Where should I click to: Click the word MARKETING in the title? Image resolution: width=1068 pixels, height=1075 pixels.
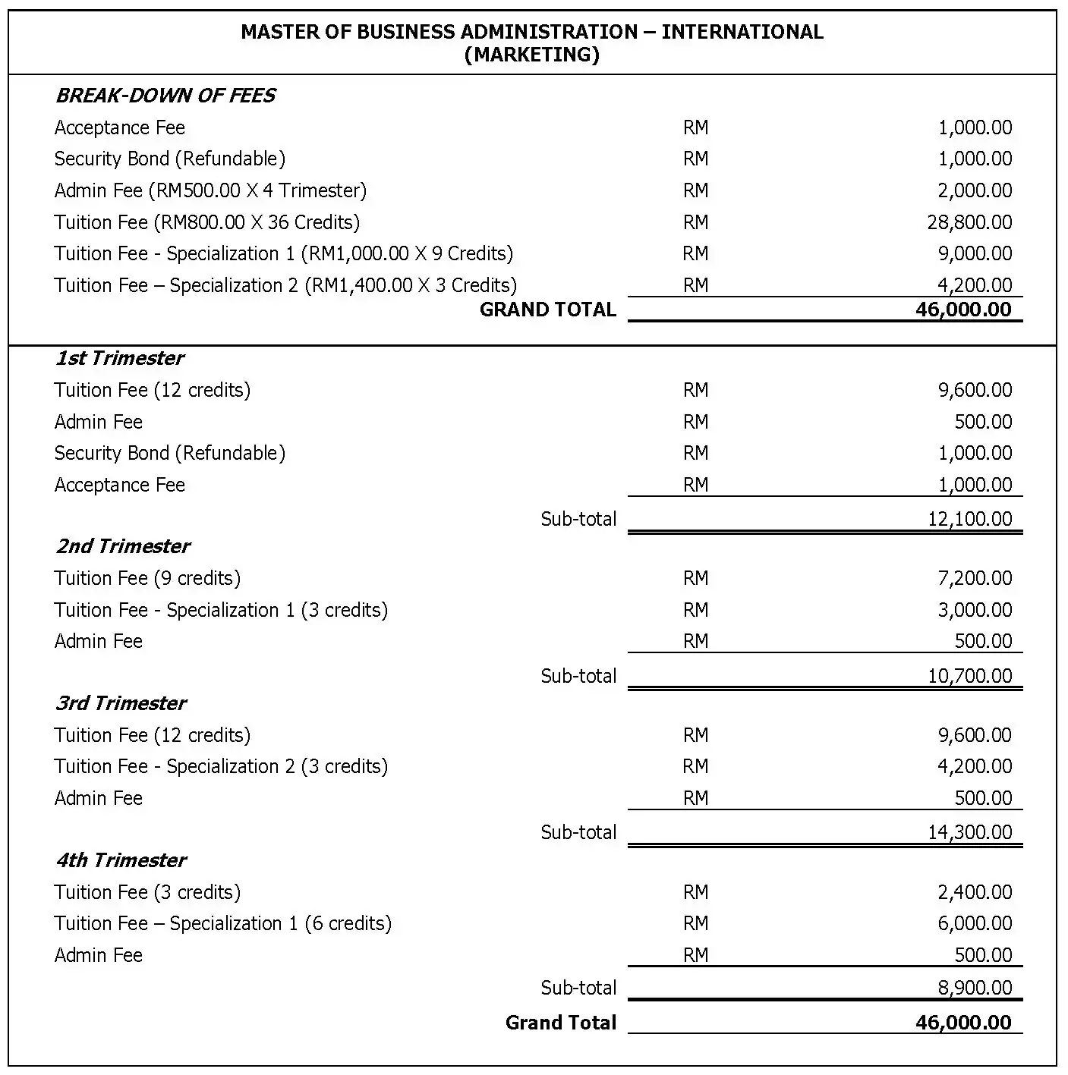pyautogui.click(x=531, y=55)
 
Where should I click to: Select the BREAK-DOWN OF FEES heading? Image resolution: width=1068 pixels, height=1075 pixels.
pyautogui.click(x=165, y=96)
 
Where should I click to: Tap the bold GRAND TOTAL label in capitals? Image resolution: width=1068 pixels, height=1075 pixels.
pyautogui.click(x=547, y=310)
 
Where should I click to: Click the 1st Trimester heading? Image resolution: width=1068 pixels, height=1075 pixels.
pyautogui.click(x=119, y=358)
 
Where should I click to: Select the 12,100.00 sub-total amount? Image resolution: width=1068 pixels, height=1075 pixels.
pyautogui.click(x=969, y=519)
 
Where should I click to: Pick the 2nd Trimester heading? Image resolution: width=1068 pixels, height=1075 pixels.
pyautogui.click(x=122, y=546)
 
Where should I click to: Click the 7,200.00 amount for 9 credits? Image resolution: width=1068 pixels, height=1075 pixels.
pyautogui.click(x=975, y=578)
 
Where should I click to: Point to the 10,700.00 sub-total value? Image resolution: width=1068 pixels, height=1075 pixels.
pyautogui.click(x=969, y=676)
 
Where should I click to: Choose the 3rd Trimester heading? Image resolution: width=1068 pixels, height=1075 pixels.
pyautogui.click(x=120, y=703)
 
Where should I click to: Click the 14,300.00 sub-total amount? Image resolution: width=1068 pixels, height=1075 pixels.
pyautogui.click(x=969, y=832)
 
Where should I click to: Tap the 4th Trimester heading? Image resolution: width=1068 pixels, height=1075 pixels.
pyautogui.click(x=120, y=860)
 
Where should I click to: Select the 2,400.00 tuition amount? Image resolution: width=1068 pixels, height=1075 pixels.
pyautogui.click(x=975, y=892)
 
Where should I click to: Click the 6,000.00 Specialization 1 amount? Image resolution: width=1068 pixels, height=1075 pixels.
pyautogui.click(x=975, y=923)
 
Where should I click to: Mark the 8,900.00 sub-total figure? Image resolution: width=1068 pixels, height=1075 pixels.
pyautogui.click(x=975, y=988)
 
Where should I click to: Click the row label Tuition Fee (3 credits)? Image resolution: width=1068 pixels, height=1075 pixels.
pyautogui.click(x=147, y=892)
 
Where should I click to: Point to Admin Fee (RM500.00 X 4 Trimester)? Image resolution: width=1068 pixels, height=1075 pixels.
pyautogui.click(x=210, y=190)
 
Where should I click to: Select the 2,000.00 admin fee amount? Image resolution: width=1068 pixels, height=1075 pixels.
pyautogui.click(x=975, y=190)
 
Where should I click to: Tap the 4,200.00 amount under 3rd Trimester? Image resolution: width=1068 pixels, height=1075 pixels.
pyautogui.click(x=975, y=766)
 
